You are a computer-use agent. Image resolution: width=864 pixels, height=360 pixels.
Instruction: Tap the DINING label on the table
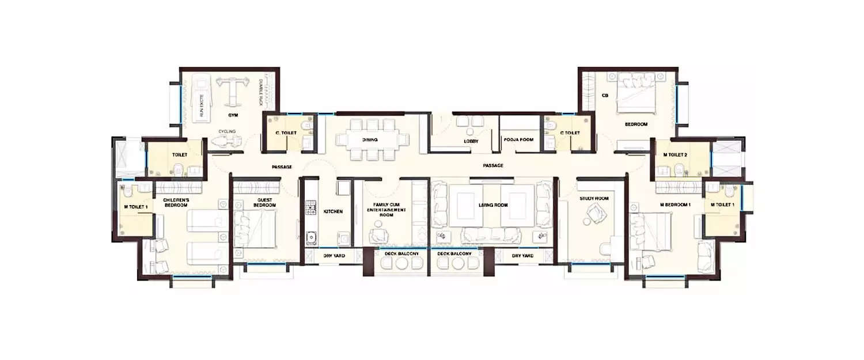point(370,140)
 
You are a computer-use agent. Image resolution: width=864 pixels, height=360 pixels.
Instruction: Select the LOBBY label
point(471,141)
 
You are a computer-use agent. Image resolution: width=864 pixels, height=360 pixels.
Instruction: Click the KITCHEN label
point(333,211)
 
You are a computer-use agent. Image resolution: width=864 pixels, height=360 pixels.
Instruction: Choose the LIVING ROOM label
point(493,205)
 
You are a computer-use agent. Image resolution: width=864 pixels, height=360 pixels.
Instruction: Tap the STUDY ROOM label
point(594,199)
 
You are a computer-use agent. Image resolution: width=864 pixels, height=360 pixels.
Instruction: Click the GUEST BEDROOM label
point(265,202)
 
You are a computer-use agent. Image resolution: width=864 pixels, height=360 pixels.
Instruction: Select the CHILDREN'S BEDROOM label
point(172,202)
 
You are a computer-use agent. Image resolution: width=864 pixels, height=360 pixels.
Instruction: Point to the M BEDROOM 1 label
point(675,204)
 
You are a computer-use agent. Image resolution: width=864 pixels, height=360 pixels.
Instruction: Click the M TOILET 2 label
point(674,154)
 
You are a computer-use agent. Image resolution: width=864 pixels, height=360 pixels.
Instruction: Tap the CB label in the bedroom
point(605,96)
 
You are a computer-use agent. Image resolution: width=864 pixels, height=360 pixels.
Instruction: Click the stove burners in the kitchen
point(310,207)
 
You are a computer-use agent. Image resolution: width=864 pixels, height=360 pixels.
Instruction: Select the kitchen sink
point(311,237)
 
